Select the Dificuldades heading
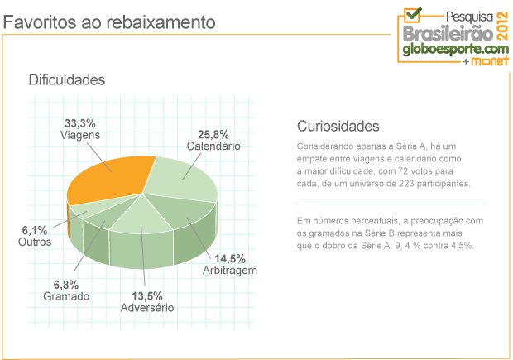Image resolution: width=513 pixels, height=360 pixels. pyautogui.click(x=66, y=80)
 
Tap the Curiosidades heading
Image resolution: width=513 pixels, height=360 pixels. pyautogui.click(x=338, y=127)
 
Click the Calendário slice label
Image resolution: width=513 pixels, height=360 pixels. pyautogui.click(x=213, y=146)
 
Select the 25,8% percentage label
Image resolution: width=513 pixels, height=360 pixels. pyautogui.click(x=213, y=134)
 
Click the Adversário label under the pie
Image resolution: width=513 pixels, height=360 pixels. pyautogui.click(x=146, y=308)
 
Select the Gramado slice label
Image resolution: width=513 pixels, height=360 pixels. pyautogui.click(x=66, y=296)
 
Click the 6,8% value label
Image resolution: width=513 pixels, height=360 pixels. pyautogui.click(x=66, y=285)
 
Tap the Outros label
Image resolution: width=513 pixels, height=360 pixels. pyautogui.click(x=34, y=242)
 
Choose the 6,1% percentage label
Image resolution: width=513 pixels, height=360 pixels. pyautogui.click(x=34, y=231)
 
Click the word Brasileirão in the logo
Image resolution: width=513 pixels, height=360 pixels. pyautogui.click(x=448, y=33)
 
